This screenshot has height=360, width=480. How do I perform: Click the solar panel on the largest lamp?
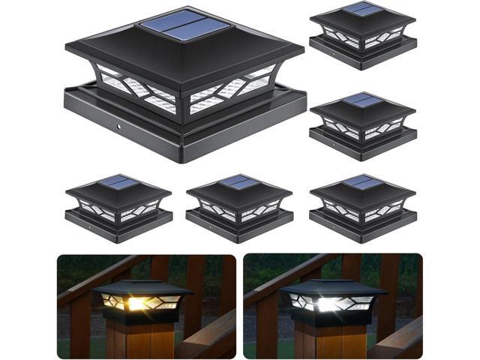tap(184, 28)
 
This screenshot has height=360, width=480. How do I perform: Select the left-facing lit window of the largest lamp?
tap(135, 88)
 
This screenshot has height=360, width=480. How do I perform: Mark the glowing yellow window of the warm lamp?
tap(142, 304)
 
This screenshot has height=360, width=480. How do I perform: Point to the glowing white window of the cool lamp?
tap(330, 304)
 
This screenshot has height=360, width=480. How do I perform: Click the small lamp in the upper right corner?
tap(362, 34)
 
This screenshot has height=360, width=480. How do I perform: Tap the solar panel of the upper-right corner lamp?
tap(363, 9)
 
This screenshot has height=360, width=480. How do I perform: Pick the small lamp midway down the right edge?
tap(362, 124)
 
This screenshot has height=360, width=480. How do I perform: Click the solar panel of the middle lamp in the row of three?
tap(239, 181)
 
